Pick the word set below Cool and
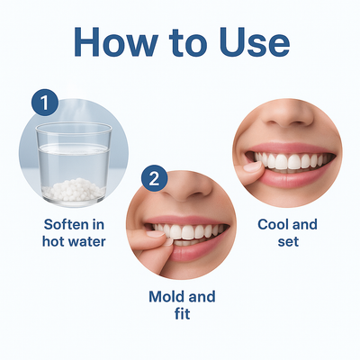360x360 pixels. pyautogui.click(x=288, y=242)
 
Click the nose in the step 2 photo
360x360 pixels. pyautogui.click(x=191, y=191)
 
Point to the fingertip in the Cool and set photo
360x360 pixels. pyautogui.click(x=251, y=166)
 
